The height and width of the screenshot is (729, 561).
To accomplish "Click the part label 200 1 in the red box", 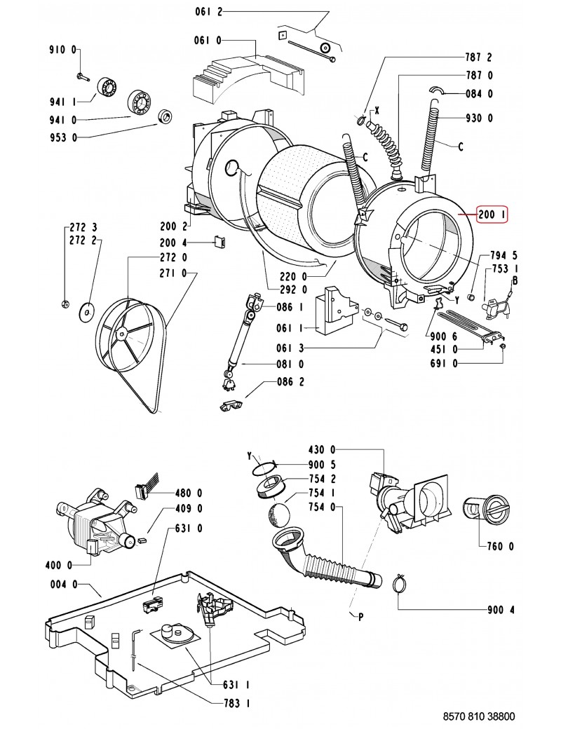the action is [x=492, y=214].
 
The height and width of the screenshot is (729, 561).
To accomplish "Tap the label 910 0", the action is [x=62, y=49].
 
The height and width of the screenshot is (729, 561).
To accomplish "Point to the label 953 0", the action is [x=63, y=137].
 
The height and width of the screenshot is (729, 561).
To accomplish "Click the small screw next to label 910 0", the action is [x=82, y=76].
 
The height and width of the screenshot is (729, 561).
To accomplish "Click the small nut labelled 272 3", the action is [x=65, y=304].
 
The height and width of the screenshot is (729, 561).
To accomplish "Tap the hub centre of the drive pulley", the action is [x=122, y=333].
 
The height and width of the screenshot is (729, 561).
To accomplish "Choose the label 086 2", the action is [x=290, y=382].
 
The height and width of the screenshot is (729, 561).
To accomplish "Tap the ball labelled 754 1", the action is [x=279, y=515].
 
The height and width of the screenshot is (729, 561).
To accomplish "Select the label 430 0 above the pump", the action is [x=321, y=449].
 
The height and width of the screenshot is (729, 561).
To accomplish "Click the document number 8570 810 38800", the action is [x=479, y=716].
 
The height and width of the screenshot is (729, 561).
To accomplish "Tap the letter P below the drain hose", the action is [x=360, y=618].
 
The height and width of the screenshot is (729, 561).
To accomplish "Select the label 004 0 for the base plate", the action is [x=64, y=584].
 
